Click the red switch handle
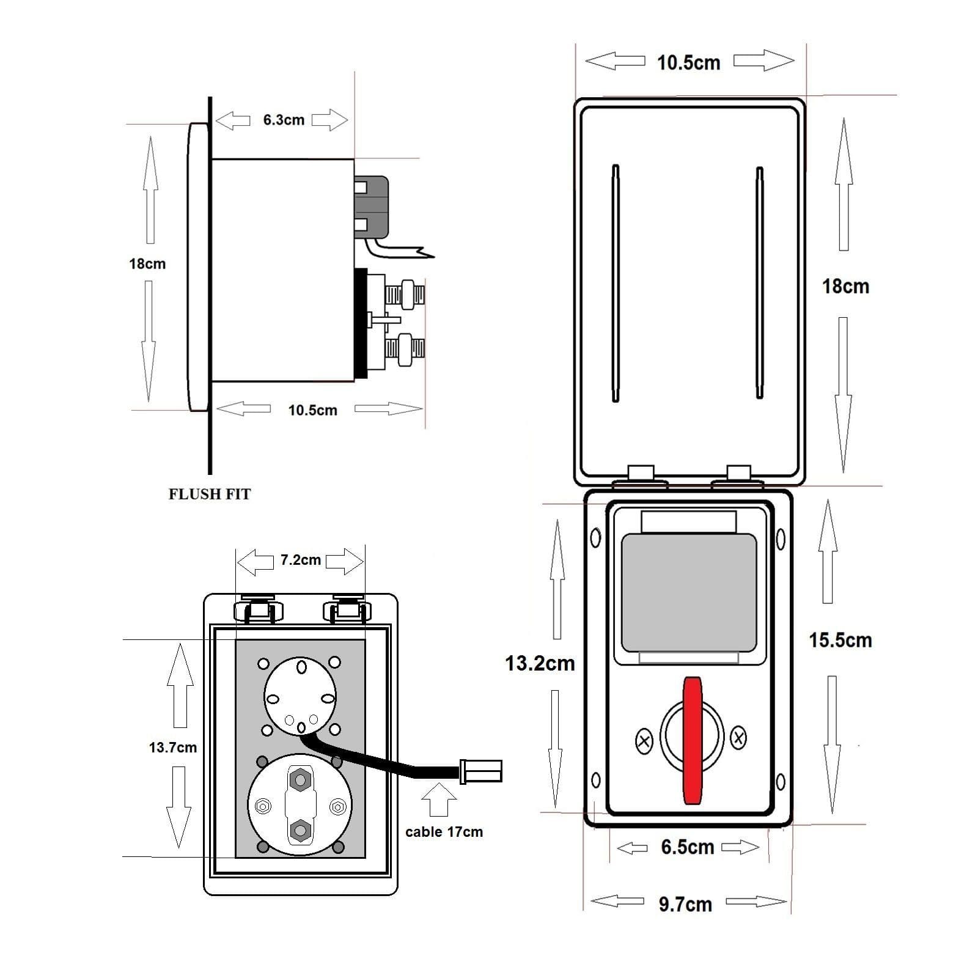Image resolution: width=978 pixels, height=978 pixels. [x=693, y=740]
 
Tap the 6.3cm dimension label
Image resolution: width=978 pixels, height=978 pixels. [x=284, y=120]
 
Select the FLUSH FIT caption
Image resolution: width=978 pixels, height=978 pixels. [x=210, y=494]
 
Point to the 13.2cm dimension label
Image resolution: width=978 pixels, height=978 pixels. [x=540, y=663]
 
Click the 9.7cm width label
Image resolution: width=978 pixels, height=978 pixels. [x=685, y=904]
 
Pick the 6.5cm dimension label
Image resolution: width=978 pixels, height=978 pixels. [x=688, y=847]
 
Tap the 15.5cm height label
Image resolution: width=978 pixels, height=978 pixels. [x=840, y=640]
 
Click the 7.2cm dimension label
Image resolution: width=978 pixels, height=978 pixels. [x=300, y=560]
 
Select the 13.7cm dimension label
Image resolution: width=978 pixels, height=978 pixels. [x=173, y=747]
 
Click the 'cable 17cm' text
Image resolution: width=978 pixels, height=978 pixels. [x=444, y=832]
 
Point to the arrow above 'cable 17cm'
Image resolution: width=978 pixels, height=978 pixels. [x=439, y=800]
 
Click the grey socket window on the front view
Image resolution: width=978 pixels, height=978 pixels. [x=689, y=592]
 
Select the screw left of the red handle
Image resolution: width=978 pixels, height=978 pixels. [x=644, y=741]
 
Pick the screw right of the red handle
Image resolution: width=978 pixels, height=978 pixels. [x=738, y=737]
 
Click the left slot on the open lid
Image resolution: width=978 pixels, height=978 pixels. [x=616, y=283]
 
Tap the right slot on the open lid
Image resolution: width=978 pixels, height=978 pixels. [x=760, y=283]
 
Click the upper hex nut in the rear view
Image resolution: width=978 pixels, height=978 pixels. [x=300, y=779]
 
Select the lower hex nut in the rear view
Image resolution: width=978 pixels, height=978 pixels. [x=300, y=830]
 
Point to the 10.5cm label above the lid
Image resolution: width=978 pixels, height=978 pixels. [x=688, y=62]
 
